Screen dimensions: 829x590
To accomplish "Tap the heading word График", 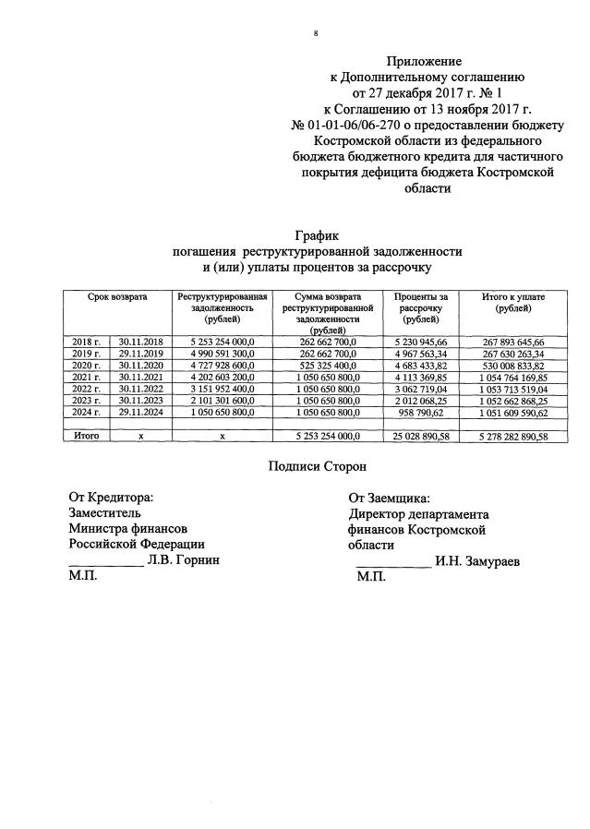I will click(x=319, y=236).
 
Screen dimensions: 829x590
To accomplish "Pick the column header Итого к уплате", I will click(x=513, y=302).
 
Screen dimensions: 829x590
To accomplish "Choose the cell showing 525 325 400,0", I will click(x=328, y=366).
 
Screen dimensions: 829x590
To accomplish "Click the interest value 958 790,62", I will click(x=421, y=413).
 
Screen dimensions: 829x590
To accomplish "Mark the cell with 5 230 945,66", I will click(x=421, y=342).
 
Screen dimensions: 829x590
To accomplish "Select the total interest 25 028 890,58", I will click(x=420, y=437).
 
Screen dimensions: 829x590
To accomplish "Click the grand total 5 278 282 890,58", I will click(x=513, y=437).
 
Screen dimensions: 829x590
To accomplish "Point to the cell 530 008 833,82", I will click(x=513, y=366).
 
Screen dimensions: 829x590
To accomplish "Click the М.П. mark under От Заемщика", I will click(x=371, y=576).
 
